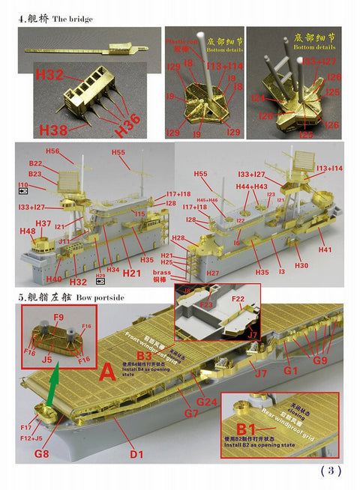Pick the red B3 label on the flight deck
click(144, 355)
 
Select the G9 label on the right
click(319, 360)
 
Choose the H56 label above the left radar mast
click(52, 151)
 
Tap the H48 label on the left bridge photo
click(28, 232)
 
